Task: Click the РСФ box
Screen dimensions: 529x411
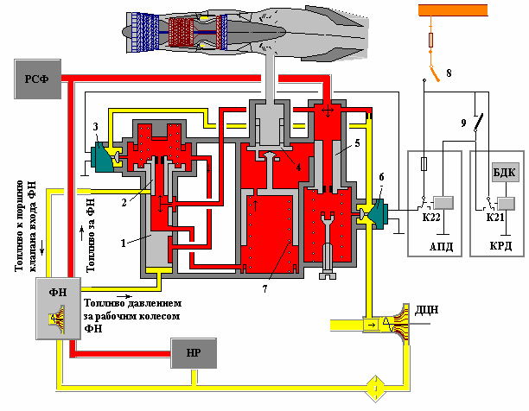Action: tap(37, 79)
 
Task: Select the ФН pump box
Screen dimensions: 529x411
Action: tap(59, 308)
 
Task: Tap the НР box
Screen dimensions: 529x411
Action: tap(194, 353)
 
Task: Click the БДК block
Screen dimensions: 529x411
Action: tap(505, 173)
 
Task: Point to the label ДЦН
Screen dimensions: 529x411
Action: tap(426, 310)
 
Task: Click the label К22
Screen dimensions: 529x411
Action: tap(431, 218)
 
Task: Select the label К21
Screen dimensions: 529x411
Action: tap(495, 218)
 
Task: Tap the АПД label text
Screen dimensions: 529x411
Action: tap(441, 247)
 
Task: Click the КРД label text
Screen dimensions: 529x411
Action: tap(500, 246)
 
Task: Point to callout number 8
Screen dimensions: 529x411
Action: tap(449, 73)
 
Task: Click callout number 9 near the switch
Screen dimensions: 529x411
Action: tap(464, 123)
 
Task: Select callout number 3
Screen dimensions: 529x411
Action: tap(95, 127)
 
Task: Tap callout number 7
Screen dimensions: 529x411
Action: tap(264, 288)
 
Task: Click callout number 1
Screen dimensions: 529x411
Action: tap(123, 243)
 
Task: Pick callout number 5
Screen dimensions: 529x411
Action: tap(357, 143)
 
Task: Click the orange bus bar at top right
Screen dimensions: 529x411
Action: tap(453, 10)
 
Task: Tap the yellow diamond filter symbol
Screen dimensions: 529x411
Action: tap(375, 389)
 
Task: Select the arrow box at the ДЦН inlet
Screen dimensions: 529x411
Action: tap(371, 326)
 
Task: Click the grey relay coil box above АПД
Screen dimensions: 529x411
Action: tap(443, 203)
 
